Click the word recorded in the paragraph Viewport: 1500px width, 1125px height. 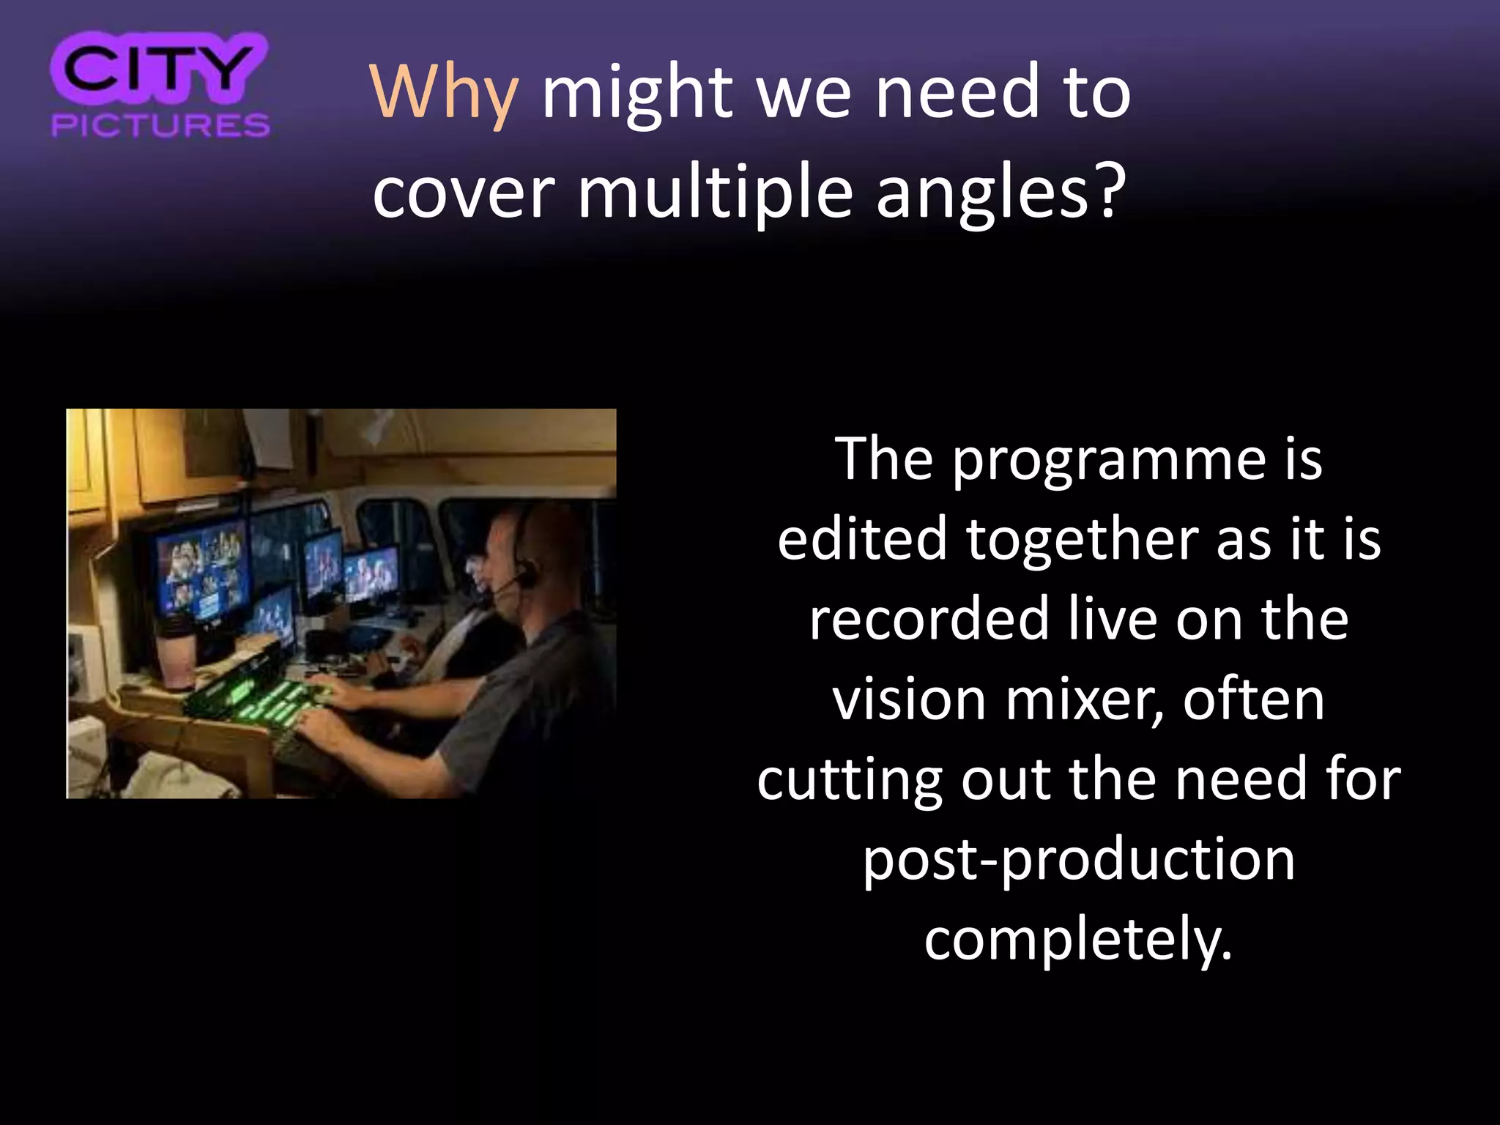click(929, 620)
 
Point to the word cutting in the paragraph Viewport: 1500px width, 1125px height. click(849, 779)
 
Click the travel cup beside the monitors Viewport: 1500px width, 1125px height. click(178, 652)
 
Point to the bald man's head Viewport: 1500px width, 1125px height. click(527, 546)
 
